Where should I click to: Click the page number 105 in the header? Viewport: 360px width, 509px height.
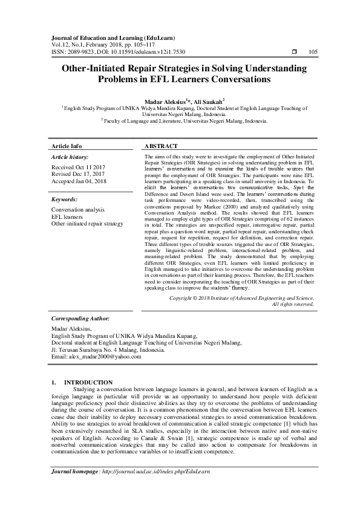click(313, 53)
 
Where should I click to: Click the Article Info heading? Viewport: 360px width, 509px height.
click(67, 146)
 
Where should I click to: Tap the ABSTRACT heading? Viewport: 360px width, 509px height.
click(161, 146)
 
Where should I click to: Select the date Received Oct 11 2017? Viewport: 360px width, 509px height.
click(78, 167)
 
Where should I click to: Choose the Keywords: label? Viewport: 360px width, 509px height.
click(65, 199)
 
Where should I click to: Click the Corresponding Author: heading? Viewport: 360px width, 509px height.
click(80, 317)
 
